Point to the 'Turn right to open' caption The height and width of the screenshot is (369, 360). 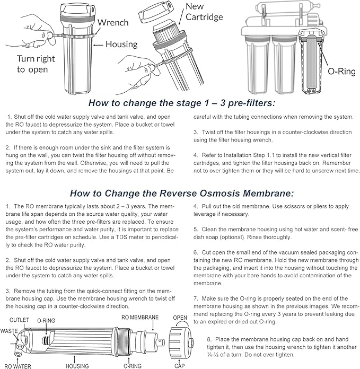tap(36, 64)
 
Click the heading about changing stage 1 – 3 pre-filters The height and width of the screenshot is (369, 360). tap(180, 103)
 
